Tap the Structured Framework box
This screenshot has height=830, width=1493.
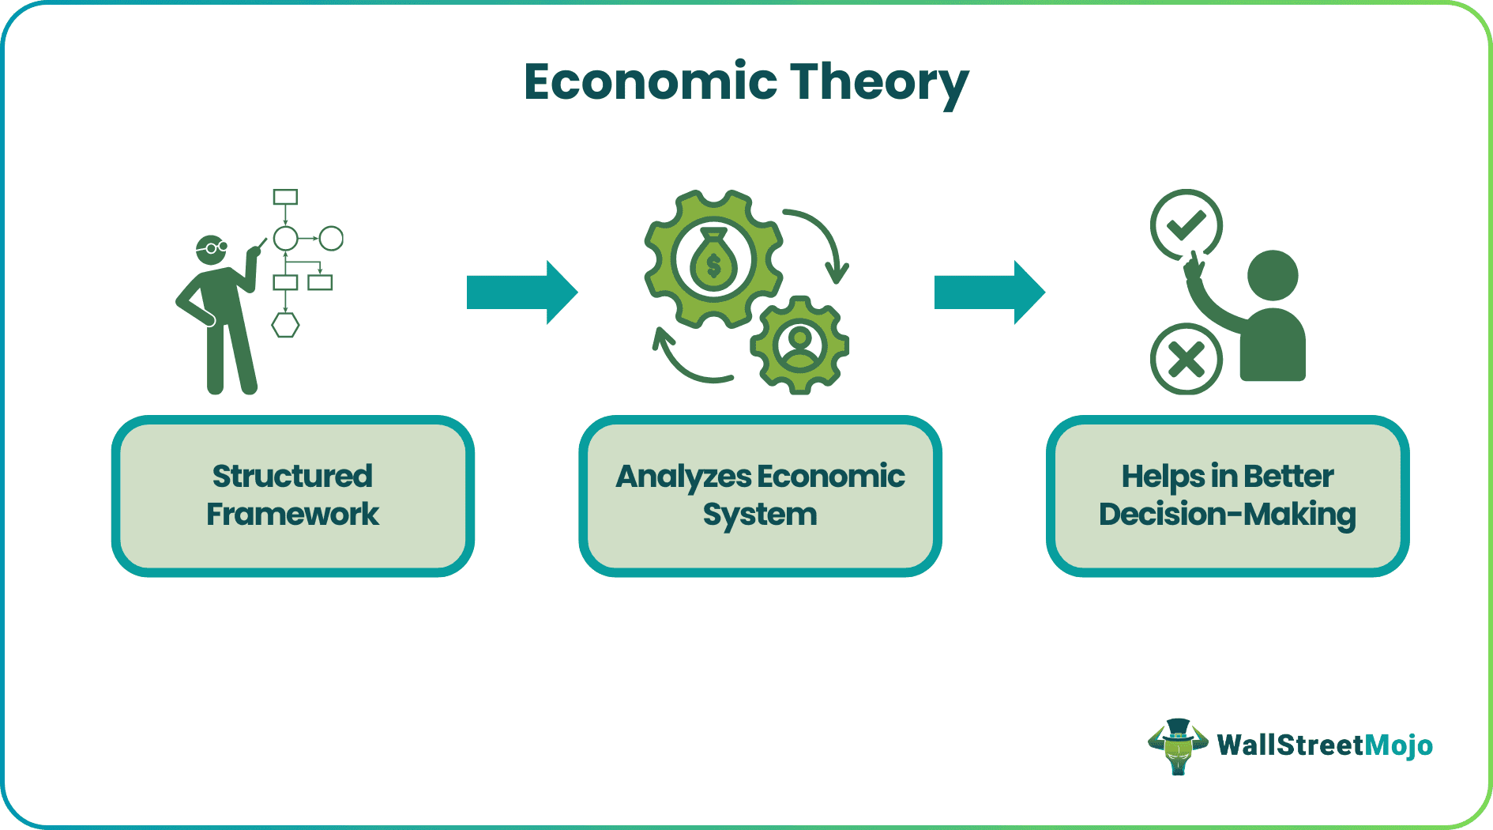292,496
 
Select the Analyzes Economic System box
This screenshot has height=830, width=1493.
760,496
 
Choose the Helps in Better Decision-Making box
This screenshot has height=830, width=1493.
1227,496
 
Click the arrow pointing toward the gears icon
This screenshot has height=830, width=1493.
521,292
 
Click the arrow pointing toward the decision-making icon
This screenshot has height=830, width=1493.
989,292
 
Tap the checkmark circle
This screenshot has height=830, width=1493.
1186,224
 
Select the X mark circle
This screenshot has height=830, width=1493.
1186,360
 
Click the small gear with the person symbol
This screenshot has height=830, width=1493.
799,345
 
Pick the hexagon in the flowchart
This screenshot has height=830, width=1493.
285,325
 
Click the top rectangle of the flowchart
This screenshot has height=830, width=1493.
285,197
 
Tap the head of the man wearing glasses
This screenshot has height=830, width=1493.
211,249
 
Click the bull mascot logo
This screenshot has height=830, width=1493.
1177,745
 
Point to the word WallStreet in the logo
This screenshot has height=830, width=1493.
1291,745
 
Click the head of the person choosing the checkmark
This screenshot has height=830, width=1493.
1272,276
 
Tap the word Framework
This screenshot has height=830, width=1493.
292,515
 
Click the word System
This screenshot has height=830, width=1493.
760,515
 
